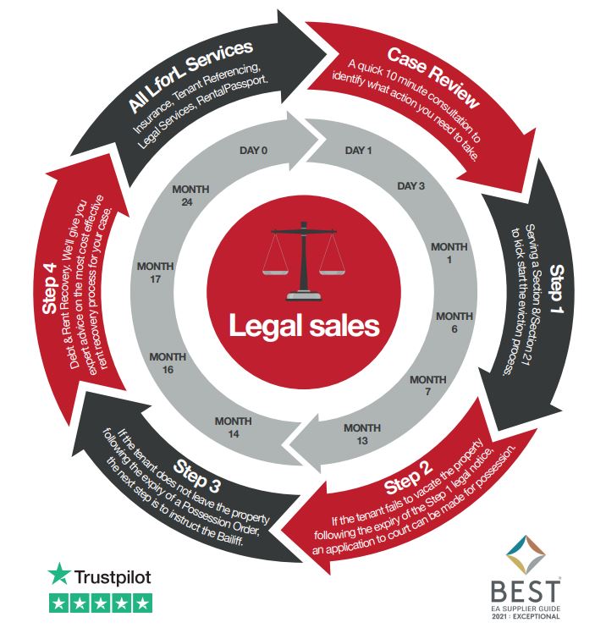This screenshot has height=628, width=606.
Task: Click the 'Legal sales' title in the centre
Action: pyautogui.click(x=303, y=325)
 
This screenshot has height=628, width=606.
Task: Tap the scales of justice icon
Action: pyautogui.click(x=301, y=263)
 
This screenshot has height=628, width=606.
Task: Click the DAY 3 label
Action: pyautogui.click(x=410, y=186)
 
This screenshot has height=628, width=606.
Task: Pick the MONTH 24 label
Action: pyautogui.click(x=190, y=196)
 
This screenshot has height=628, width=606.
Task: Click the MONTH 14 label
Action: pyautogui.click(x=233, y=426)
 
